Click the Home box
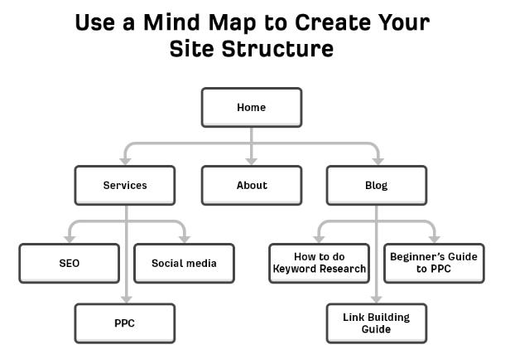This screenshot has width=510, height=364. [251, 108]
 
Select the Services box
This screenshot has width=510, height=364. [125, 186]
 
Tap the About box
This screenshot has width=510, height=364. [251, 186]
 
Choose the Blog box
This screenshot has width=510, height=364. [377, 186]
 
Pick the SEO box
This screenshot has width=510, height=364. [69, 264]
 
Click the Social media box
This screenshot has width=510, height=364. [184, 264]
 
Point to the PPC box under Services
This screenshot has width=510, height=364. [125, 323]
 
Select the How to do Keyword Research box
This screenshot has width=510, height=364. [320, 264]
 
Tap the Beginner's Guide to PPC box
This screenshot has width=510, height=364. [434, 264]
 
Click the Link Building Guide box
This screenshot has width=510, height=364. [377, 323]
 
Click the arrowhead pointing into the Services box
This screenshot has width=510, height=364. [125, 160]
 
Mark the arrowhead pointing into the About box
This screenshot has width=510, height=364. [251, 160]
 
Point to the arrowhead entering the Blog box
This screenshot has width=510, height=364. [377, 160]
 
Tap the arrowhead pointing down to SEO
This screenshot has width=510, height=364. [69, 238]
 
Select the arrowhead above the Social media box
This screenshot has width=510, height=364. [184, 238]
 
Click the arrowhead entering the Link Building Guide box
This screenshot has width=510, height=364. [377, 298]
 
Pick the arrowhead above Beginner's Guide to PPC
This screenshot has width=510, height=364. [434, 238]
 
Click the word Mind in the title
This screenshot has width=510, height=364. [177, 22]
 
